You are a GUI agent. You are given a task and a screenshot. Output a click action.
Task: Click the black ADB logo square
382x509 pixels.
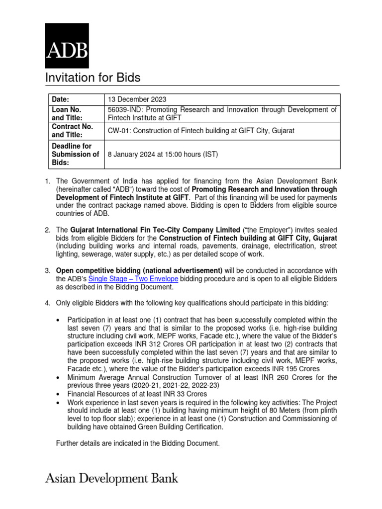click(x=67, y=45)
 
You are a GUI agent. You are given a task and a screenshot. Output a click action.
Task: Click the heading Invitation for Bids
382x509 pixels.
click(x=93, y=78)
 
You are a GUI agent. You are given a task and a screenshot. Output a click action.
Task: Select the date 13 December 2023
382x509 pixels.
click(x=138, y=99)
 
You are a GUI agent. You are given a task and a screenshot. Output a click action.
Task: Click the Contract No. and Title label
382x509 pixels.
click(x=73, y=130)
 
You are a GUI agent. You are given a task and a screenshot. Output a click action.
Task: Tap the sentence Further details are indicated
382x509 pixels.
click(x=137, y=442)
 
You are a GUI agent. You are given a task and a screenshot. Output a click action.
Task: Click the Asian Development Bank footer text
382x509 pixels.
click(x=112, y=479)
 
